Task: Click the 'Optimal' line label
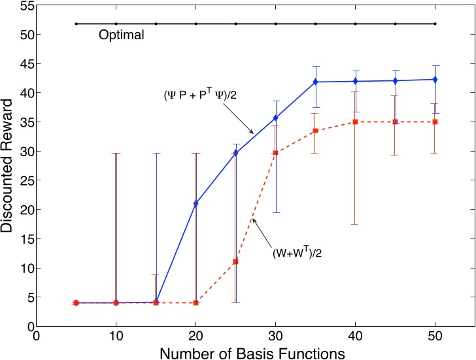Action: click(121, 35)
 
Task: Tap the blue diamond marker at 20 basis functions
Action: click(196, 204)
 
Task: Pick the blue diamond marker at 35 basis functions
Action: click(316, 82)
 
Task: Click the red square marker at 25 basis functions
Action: click(236, 261)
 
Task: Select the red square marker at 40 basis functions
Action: click(356, 122)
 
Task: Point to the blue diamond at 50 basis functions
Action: click(435, 79)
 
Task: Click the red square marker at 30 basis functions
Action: click(276, 152)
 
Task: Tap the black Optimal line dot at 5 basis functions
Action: click(76, 24)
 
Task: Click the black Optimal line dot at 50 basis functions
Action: click(435, 24)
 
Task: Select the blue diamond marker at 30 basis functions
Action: click(276, 118)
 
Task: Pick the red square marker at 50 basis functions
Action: click(435, 122)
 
